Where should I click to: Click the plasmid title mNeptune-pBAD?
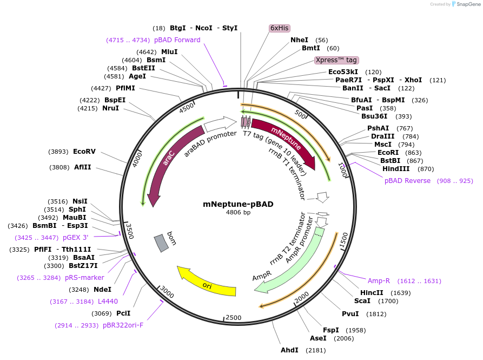click(x=238, y=204)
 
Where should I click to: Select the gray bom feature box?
click(x=161, y=243)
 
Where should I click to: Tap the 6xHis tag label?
click(x=280, y=28)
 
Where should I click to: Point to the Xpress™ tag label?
click(x=336, y=60)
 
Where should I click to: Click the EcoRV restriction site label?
click(x=84, y=152)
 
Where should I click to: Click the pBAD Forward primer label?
click(x=177, y=40)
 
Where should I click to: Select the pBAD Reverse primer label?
click(x=407, y=180)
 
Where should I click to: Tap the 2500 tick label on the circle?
click(x=233, y=317)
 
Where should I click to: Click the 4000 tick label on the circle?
click(x=137, y=159)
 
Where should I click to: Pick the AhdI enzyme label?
click(x=289, y=350)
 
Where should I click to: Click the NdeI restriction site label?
click(x=102, y=290)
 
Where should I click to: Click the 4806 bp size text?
click(x=238, y=213)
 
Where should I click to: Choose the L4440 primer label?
click(x=108, y=302)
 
